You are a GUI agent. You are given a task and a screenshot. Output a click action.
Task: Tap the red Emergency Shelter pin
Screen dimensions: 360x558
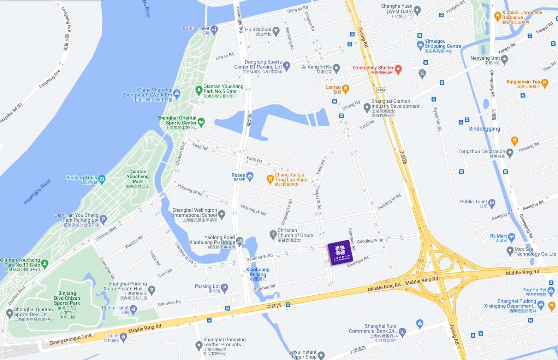pyautogui.click(x=398, y=69)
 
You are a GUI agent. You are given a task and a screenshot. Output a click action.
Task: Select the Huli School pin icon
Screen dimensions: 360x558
pyautogui.click(x=276, y=31)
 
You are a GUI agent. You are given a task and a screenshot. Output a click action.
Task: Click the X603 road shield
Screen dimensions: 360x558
pyautogui.click(x=381, y=90)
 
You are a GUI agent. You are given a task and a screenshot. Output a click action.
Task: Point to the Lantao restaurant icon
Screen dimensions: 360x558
pyautogui.click(x=345, y=89)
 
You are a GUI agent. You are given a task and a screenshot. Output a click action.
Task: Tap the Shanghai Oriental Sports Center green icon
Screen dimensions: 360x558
pyautogui.click(x=201, y=122)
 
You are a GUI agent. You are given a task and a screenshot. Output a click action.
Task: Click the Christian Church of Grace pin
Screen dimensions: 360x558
pyautogui.click(x=273, y=234)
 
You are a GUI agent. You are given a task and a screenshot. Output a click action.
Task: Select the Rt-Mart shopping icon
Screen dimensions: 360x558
pyautogui.click(x=511, y=237)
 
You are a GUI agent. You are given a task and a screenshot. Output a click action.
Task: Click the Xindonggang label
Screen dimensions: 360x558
pyautogui.click(x=484, y=129)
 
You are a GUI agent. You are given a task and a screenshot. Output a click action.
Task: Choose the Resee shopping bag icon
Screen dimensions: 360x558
pyautogui.click(x=250, y=176)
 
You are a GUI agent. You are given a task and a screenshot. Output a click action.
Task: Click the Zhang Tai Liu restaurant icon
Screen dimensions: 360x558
pyautogui.click(x=270, y=179)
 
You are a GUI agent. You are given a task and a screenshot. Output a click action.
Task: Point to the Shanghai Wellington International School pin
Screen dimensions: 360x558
pyautogui.click(x=222, y=214)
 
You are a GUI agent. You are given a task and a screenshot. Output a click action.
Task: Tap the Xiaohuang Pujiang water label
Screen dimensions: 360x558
pyautogui.click(x=258, y=274)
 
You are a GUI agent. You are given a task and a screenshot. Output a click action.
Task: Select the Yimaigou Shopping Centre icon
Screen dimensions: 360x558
pyautogui.click(x=420, y=45)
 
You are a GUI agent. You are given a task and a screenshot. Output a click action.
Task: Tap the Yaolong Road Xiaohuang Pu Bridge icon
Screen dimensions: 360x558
pyautogui.click(x=239, y=241)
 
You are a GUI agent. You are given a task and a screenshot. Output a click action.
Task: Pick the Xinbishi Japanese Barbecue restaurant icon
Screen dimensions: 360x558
pyautogui.click(x=498, y=16)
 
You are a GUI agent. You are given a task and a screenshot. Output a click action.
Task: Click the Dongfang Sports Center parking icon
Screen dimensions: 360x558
pyautogui.click(x=286, y=66)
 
